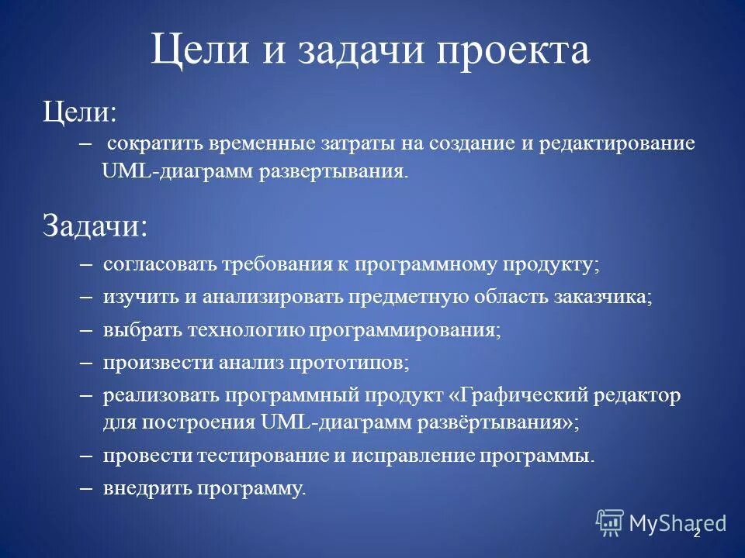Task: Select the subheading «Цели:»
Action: click(79, 112)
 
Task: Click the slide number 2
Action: click(696, 533)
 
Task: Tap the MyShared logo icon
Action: click(610, 523)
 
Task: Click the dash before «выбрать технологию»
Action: click(86, 330)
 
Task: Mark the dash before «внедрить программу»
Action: click(86, 489)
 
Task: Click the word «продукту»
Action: click(558, 263)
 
